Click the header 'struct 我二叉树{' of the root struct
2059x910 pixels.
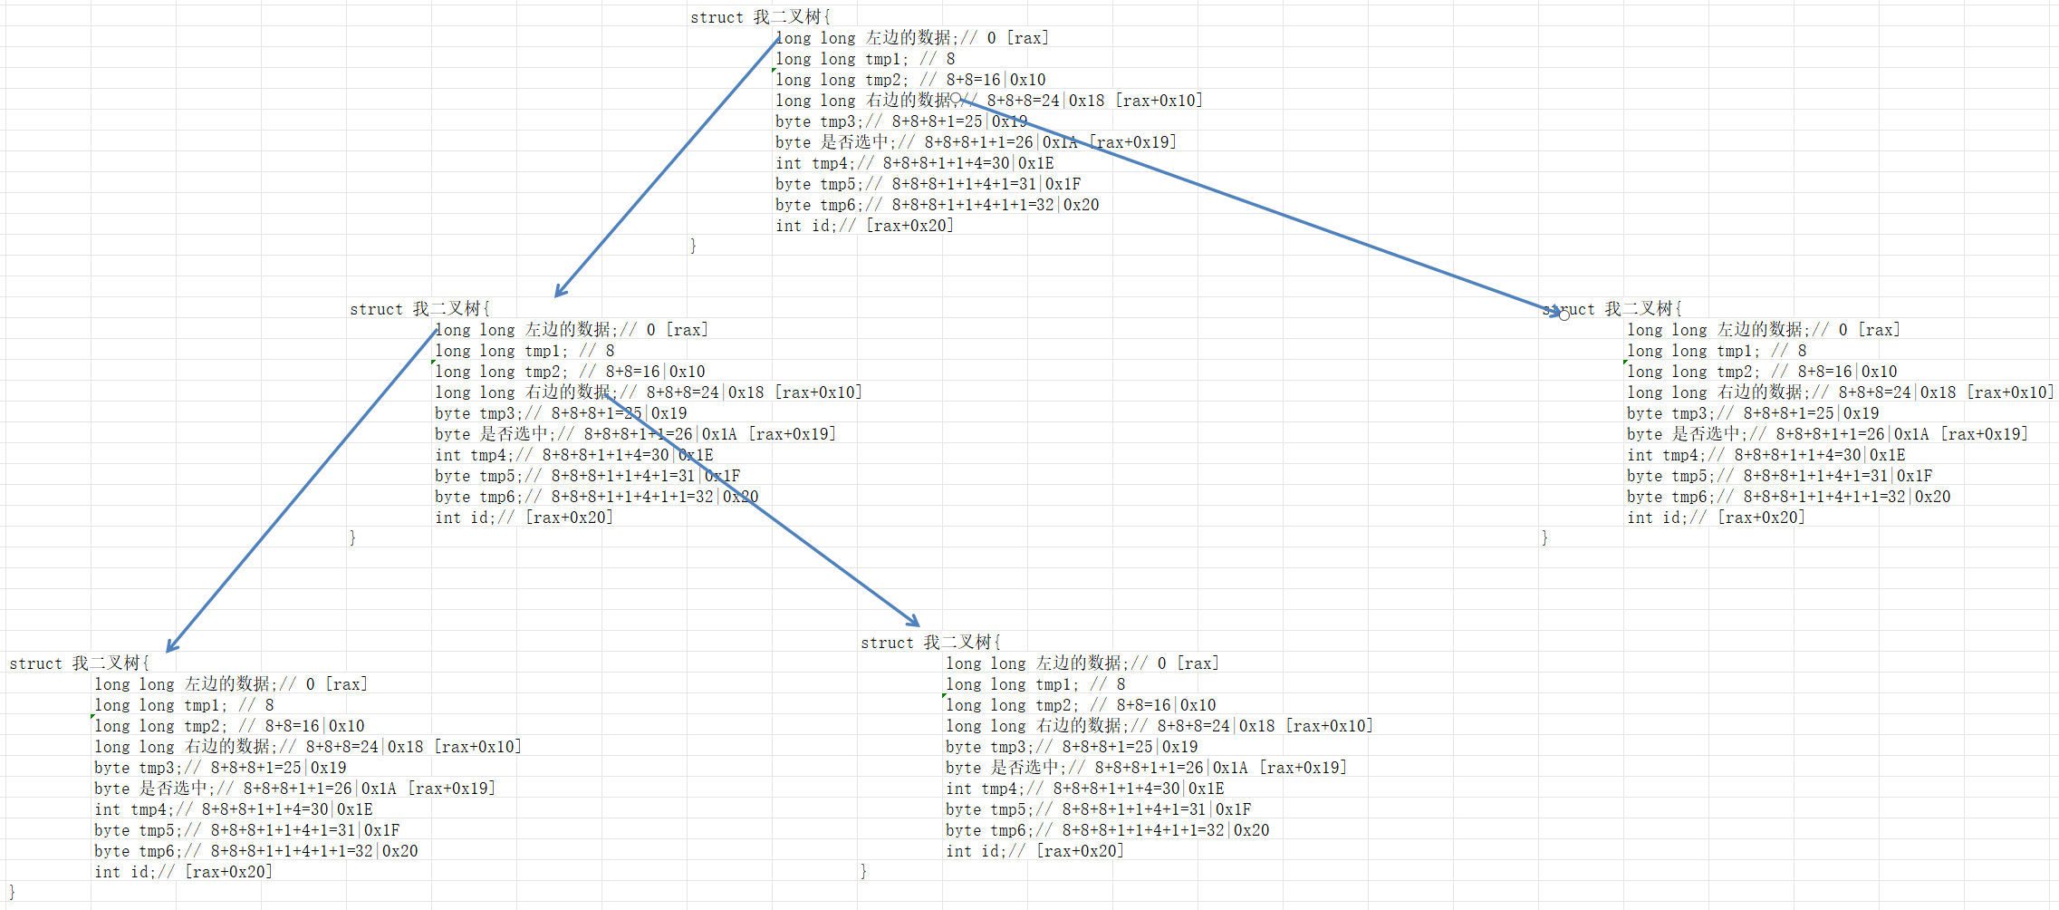click(x=760, y=17)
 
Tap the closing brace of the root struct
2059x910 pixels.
click(x=693, y=246)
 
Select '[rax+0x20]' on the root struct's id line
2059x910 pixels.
click(x=909, y=226)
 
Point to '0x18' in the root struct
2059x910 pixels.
click(x=1086, y=101)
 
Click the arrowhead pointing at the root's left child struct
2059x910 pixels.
click(x=559, y=292)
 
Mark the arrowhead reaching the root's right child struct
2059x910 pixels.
click(x=1556, y=311)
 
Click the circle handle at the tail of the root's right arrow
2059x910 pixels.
click(x=956, y=98)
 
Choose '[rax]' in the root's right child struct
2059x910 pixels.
click(x=1879, y=330)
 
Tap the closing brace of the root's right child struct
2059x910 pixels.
click(x=1544, y=537)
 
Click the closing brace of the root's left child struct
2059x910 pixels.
click(x=352, y=537)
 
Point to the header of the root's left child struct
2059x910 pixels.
click(x=419, y=309)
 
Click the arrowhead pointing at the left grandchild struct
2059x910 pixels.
click(x=171, y=647)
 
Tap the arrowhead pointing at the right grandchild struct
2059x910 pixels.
click(x=915, y=622)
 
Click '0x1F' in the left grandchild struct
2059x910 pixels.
click(x=381, y=830)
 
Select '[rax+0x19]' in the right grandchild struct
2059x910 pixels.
click(x=1303, y=768)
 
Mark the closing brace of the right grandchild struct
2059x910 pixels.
click(x=863, y=871)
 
